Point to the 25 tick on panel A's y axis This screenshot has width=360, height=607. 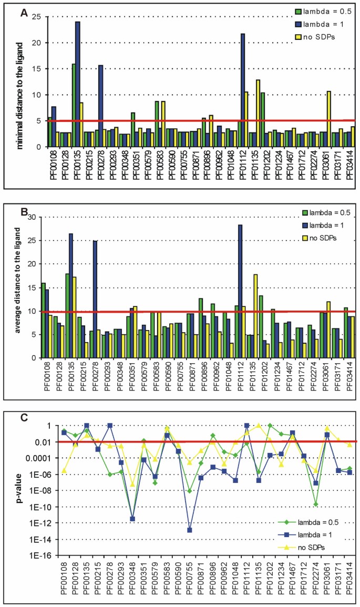pos(37,17)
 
